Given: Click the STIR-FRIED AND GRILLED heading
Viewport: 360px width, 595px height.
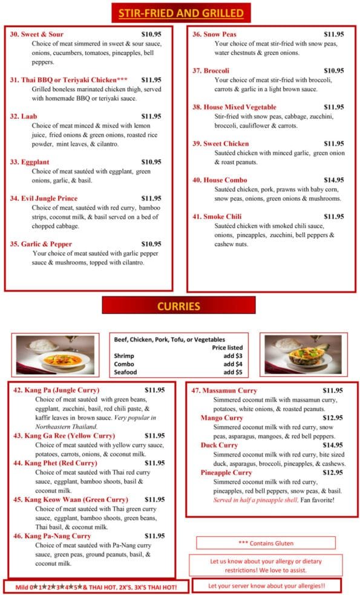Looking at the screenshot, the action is point(181,13).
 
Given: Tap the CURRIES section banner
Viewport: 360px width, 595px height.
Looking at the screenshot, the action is point(178,306).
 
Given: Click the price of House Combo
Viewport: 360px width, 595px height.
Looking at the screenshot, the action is point(333,180).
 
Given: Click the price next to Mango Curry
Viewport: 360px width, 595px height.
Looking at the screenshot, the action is point(332,418).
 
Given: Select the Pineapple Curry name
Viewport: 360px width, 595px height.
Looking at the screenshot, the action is point(226,472).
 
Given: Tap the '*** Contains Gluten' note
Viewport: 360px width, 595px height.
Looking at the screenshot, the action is point(265,543).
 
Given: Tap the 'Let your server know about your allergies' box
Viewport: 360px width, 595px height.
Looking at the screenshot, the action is point(266,586).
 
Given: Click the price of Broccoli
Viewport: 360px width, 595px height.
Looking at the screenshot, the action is point(333,71).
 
